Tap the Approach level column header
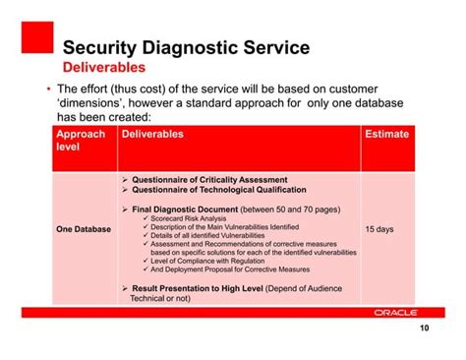81,141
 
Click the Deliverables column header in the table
152,134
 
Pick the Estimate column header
385,134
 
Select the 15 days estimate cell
379,229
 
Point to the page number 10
424,330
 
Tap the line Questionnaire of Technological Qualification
217,191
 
